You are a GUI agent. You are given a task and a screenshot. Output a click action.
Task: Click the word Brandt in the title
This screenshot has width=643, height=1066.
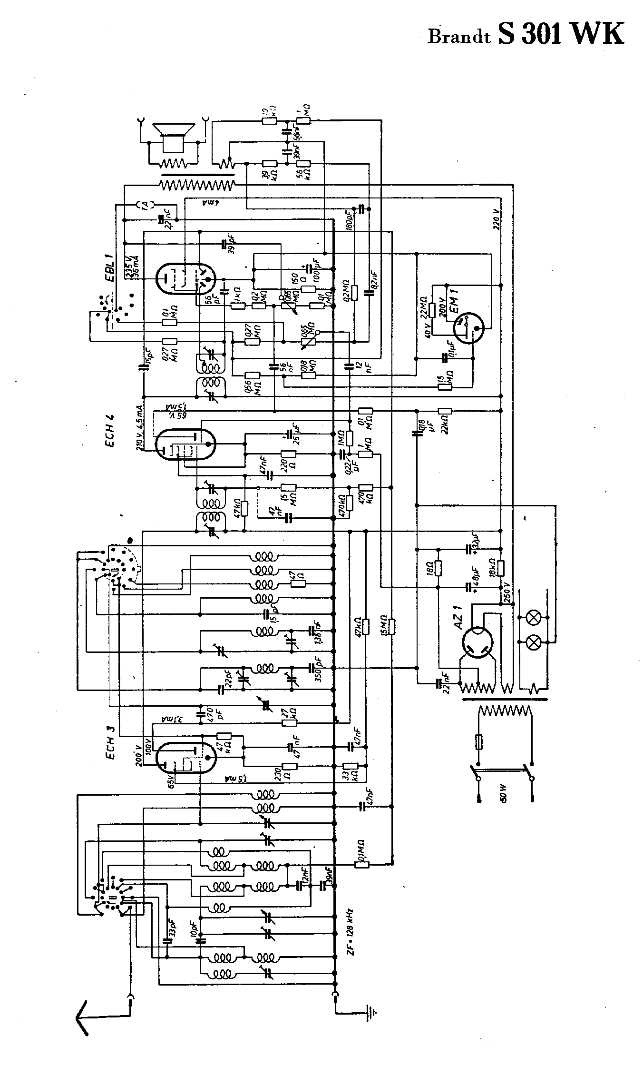click(x=459, y=37)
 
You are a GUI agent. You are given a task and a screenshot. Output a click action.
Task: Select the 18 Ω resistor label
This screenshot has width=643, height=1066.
click(x=431, y=567)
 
